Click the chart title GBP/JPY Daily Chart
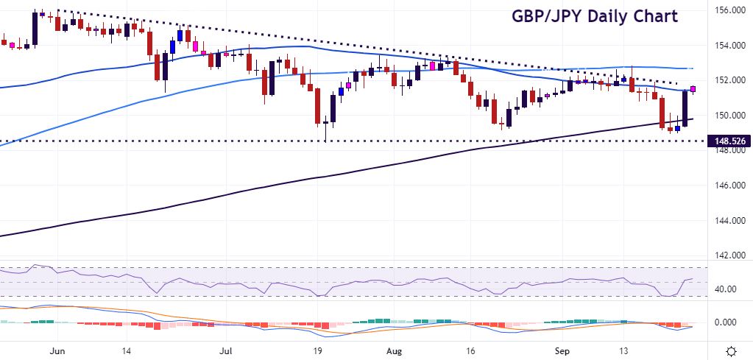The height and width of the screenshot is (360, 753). click(x=594, y=16)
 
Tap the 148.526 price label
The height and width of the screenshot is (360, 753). click(x=727, y=140)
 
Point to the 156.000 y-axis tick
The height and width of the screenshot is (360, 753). click(x=727, y=10)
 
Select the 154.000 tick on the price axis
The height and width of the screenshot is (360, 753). click(x=727, y=46)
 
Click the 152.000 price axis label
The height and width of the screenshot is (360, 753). click(x=727, y=80)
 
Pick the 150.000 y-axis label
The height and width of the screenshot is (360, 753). click(x=727, y=116)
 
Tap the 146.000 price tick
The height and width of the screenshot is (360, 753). click(x=727, y=186)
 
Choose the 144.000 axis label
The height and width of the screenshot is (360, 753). click(x=727, y=221)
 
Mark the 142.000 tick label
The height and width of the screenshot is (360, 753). click(x=727, y=255)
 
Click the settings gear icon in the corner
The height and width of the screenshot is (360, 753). click(x=732, y=350)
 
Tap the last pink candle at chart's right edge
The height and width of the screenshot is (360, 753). click(x=693, y=90)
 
